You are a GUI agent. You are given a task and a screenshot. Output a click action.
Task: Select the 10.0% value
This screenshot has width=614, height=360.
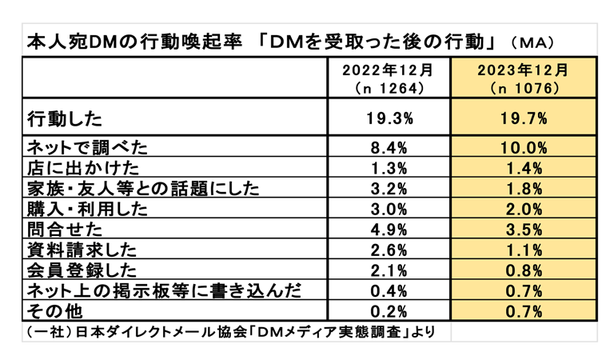pyautogui.click(x=524, y=147)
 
